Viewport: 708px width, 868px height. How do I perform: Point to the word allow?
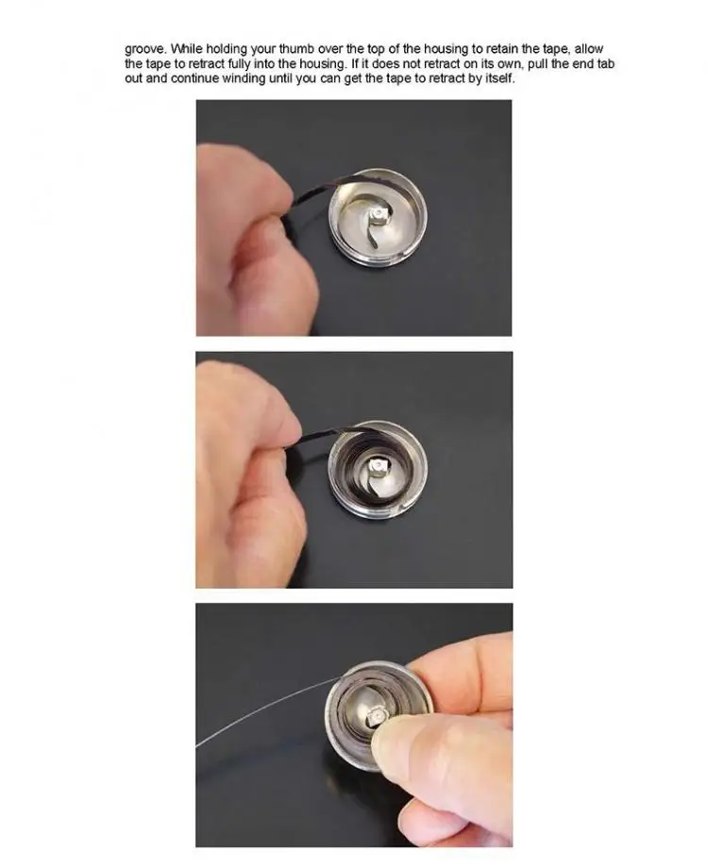coord(588,49)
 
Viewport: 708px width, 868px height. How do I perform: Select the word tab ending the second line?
coord(605,63)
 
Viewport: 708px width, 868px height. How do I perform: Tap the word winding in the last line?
coord(244,78)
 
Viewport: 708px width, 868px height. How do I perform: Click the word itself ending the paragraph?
coord(500,78)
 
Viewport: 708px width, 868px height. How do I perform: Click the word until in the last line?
coord(281,78)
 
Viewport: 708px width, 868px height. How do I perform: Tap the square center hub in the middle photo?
coord(379,466)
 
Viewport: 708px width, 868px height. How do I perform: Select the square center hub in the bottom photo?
coord(376,716)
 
